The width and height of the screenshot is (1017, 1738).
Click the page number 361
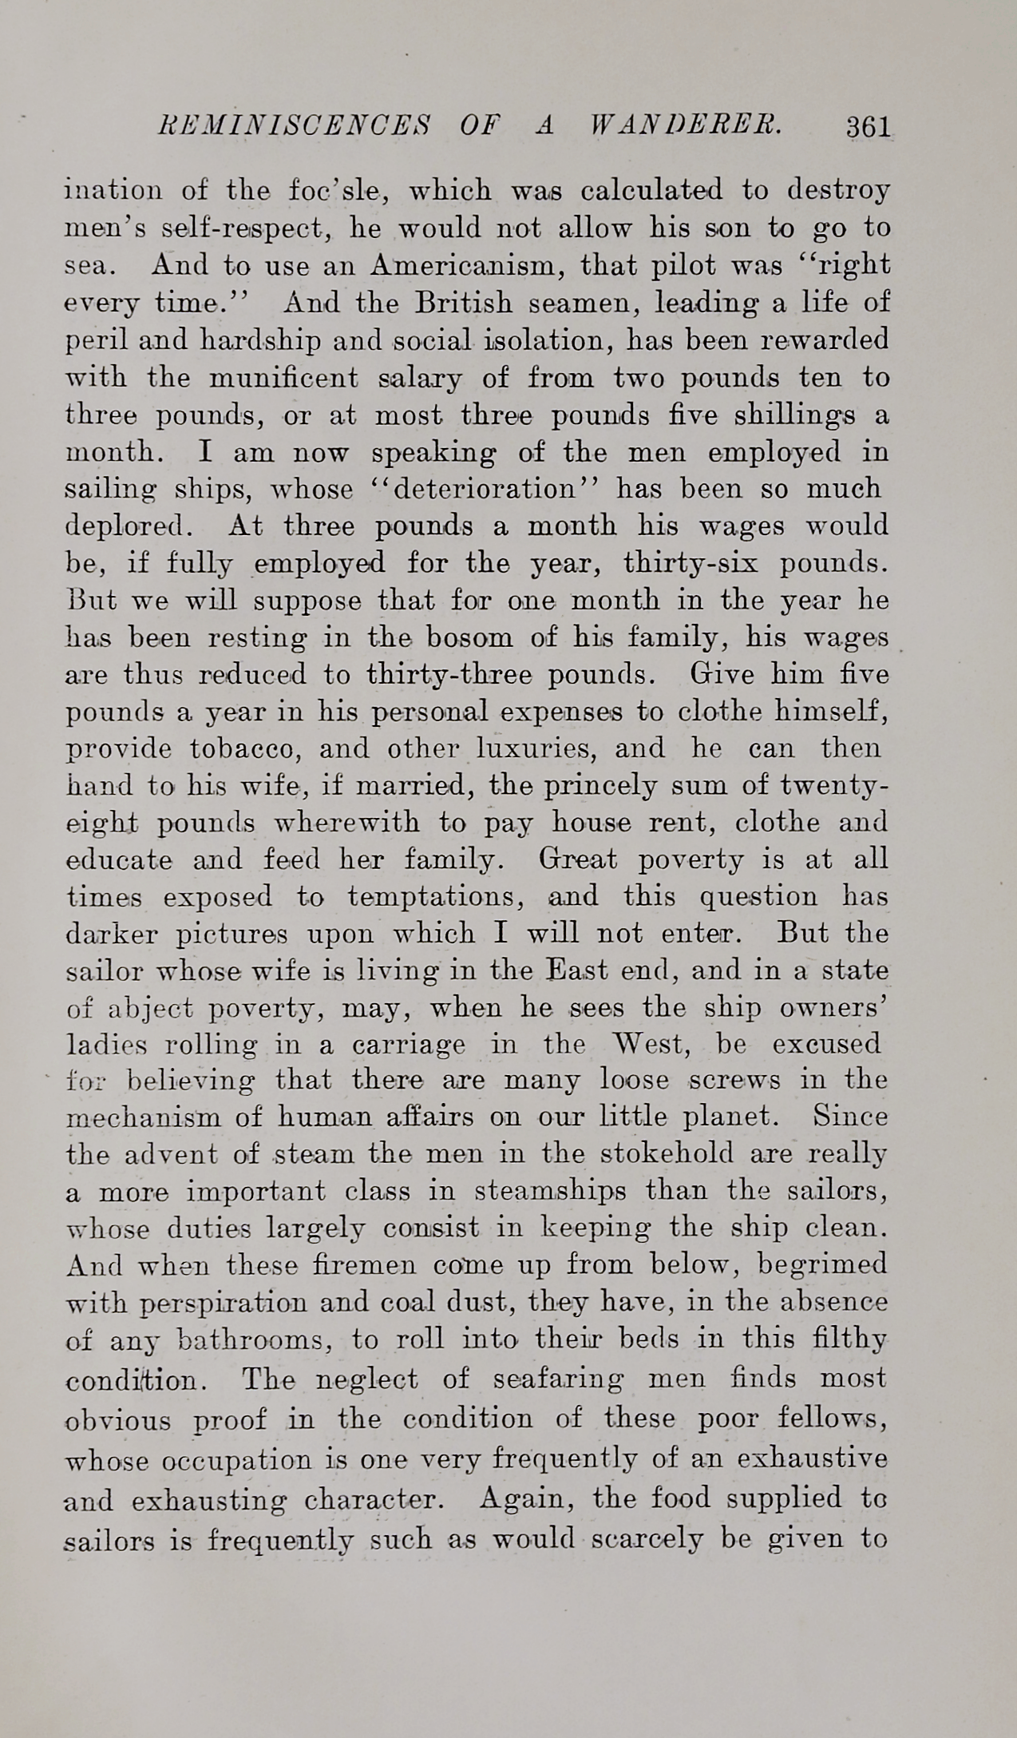pos(868,126)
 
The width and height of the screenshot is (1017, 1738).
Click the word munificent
pos(283,377)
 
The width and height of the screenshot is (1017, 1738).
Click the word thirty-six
pos(685,564)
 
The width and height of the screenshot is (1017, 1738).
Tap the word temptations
pos(435,896)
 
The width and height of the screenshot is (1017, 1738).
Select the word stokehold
pos(666,1154)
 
